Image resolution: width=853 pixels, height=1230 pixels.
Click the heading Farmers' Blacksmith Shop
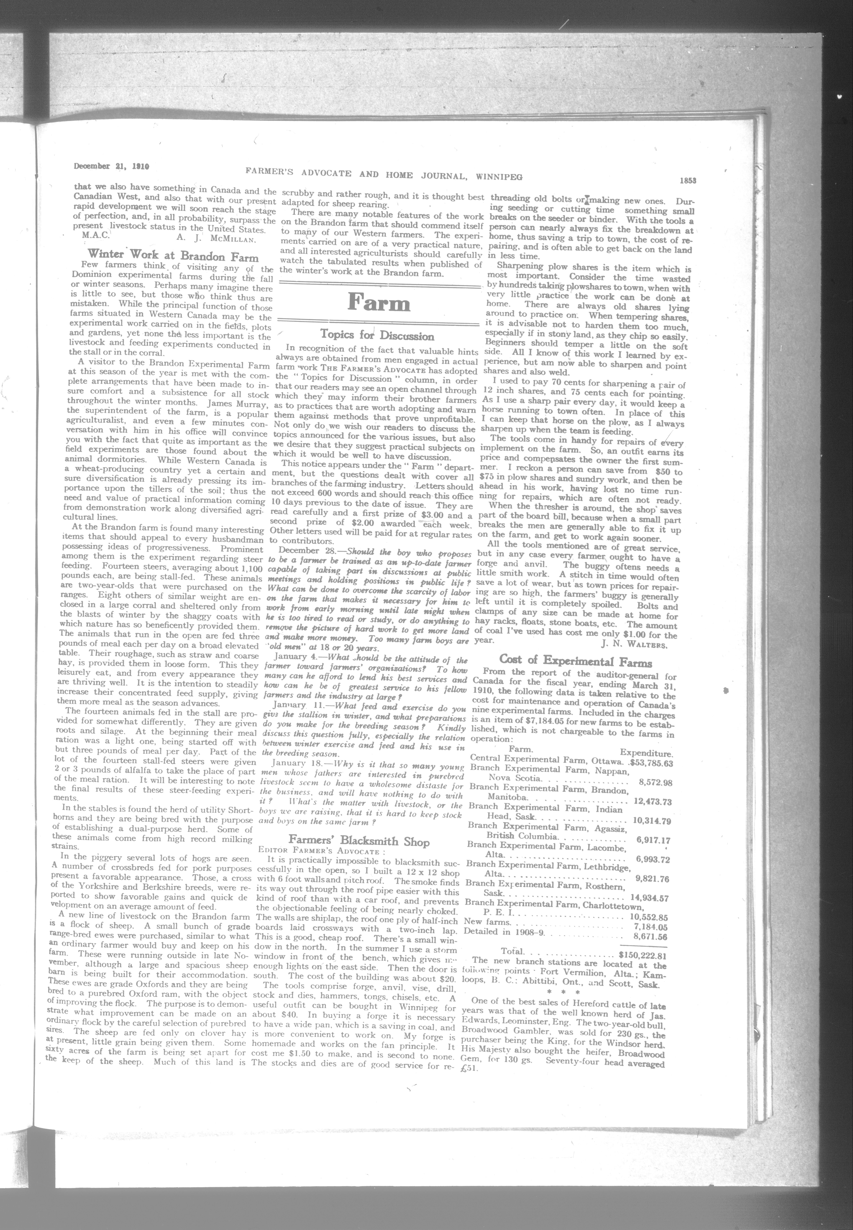point(359,842)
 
